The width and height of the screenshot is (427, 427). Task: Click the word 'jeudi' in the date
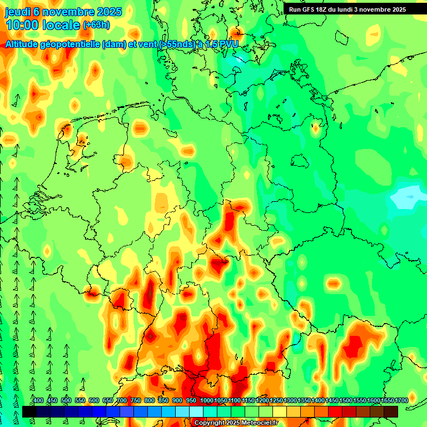coord(17,12)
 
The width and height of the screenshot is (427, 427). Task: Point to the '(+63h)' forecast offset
coord(96,25)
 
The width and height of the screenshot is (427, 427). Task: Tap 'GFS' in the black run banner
coord(312,9)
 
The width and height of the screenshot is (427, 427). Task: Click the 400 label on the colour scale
coord(38,400)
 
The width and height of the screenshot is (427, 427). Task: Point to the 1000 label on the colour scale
coord(207,400)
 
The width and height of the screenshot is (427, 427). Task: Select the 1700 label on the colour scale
coord(401,400)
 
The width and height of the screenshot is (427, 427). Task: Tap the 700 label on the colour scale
coord(122,400)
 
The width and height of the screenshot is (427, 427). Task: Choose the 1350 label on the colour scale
coord(304,400)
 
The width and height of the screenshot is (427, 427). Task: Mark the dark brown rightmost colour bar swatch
coord(391,411)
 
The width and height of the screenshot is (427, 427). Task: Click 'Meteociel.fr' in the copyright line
coord(257,423)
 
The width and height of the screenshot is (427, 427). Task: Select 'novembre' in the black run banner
coord(386,9)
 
